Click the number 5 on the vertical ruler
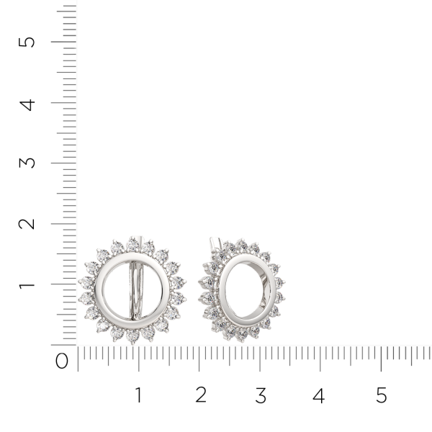click(x=28, y=41)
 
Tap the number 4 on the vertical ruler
click(x=28, y=103)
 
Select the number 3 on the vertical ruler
click(x=28, y=162)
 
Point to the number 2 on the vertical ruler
click(x=28, y=223)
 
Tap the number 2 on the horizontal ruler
click(x=201, y=395)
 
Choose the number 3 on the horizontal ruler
click(x=261, y=395)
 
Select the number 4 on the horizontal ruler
click(x=319, y=395)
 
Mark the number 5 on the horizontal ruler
click(x=382, y=395)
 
